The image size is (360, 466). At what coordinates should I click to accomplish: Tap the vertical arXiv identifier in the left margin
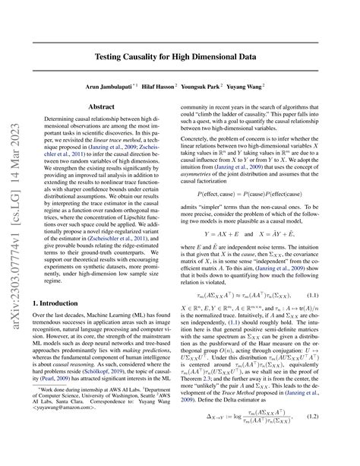(14, 233)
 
